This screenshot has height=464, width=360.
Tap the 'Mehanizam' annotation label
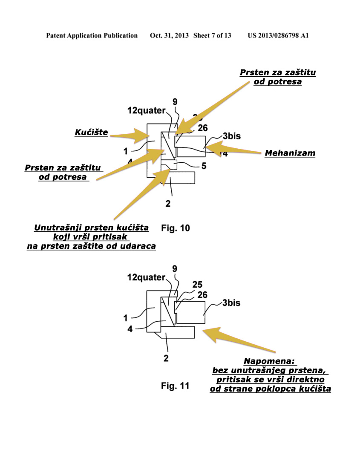point(290,153)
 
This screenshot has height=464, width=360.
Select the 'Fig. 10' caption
point(176,228)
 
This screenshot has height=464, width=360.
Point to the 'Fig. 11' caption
point(175,386)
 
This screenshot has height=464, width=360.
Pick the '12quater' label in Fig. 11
point(146,277)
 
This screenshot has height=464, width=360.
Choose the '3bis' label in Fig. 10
point(231,136)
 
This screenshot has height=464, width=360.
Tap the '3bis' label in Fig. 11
point(231,303)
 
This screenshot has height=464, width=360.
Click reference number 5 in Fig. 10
point(204,166)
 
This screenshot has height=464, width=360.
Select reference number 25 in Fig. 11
point(196,284)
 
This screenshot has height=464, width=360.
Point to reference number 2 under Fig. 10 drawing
point(168,204)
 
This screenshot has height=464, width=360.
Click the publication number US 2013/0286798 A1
point(278,36)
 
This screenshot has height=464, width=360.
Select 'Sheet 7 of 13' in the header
point(212,36)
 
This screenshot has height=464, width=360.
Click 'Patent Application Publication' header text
point(92,36)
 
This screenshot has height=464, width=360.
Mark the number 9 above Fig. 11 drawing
point(175,268)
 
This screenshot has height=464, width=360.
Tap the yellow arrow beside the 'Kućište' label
point(130,136)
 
